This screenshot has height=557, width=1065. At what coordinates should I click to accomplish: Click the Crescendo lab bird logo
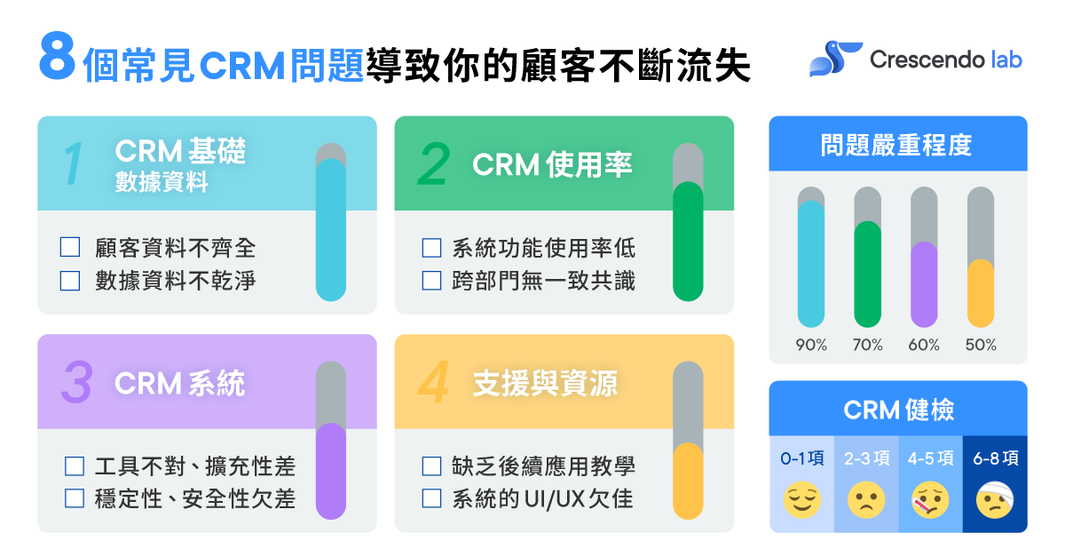click(x=834, y=59)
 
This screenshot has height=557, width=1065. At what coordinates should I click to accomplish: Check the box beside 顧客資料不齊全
click(x=70, y=248)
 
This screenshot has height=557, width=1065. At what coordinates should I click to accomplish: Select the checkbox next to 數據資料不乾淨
click(x=70, y=281)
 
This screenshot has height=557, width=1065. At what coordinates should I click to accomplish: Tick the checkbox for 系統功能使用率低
click(x=431, y=248)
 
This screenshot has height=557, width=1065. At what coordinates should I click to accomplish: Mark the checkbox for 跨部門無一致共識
click(x=431, y=281)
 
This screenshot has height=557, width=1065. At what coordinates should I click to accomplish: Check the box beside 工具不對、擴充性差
click(x=75, y=465)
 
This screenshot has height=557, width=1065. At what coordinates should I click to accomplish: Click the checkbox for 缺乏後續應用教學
click(x=431, y=465)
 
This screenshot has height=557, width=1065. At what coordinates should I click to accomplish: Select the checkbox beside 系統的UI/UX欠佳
click(x=431, y=498)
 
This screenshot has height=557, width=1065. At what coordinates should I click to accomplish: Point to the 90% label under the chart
click(x=810, y=345)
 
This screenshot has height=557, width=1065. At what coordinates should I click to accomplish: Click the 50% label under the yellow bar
click(x=981, y=345)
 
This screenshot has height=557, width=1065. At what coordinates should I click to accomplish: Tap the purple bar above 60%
click(x=924, y=284)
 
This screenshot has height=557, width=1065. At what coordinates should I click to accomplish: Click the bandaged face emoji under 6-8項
click(x=995, y=501)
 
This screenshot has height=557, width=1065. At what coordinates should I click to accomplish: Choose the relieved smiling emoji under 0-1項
click(x=801, y=501)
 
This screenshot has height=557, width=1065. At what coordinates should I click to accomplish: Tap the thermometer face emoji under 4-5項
click(x=931, y=501)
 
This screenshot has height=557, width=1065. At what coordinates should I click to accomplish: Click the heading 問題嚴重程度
click(x=896, y=145)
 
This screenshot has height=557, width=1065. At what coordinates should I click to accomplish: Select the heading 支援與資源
click(x=545, y=383)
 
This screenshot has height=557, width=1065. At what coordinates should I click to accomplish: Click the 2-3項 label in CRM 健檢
click(x=866, y=458)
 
